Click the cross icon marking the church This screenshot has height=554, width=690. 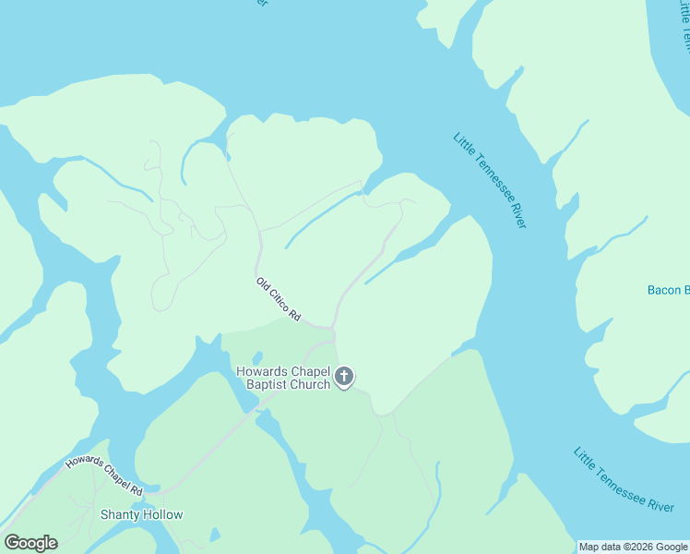click(344, 376)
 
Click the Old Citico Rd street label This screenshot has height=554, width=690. click(279, 299)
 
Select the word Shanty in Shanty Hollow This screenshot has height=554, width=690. click(120, 514)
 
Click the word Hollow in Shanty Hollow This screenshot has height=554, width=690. click(162, 514)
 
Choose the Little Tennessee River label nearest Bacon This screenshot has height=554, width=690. click(490, 180)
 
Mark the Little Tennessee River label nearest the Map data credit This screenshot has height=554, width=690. click(624, 479)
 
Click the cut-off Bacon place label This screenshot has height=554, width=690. click(668, 290)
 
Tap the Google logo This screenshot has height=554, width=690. click(30, 543)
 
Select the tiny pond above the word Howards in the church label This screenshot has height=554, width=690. click(256, 358)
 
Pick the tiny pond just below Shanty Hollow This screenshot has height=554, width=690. click(215, 535)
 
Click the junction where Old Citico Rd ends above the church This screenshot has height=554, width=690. click(332, 328)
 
